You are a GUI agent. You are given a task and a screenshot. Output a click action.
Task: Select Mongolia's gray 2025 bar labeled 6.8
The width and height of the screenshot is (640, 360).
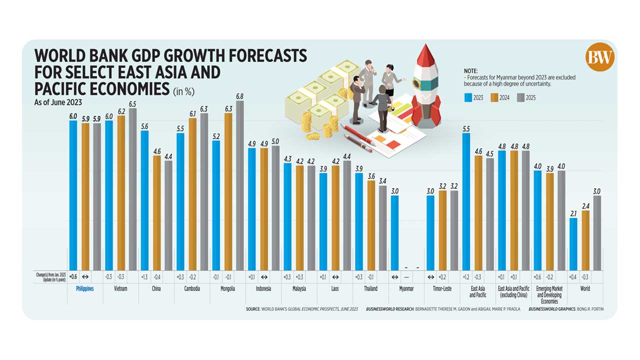coord(240,185)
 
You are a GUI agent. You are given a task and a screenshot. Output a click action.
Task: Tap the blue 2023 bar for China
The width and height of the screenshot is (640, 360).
coord(144,200)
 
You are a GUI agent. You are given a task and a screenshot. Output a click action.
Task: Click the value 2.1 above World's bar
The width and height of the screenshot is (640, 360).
coord(573,214)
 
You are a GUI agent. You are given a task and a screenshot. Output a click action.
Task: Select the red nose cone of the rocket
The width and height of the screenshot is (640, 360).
coord(426,55)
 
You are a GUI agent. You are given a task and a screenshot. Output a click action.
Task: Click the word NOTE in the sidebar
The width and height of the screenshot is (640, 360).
coord(471,71)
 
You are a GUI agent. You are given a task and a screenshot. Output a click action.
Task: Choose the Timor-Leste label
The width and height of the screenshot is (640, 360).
coord(442,289)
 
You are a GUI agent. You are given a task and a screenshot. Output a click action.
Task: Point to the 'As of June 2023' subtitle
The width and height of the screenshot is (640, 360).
coord(52,103)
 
